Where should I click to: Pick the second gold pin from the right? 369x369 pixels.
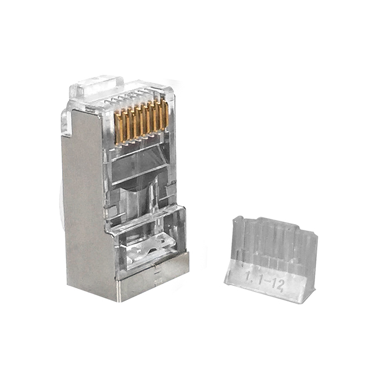tap(159, 116)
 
